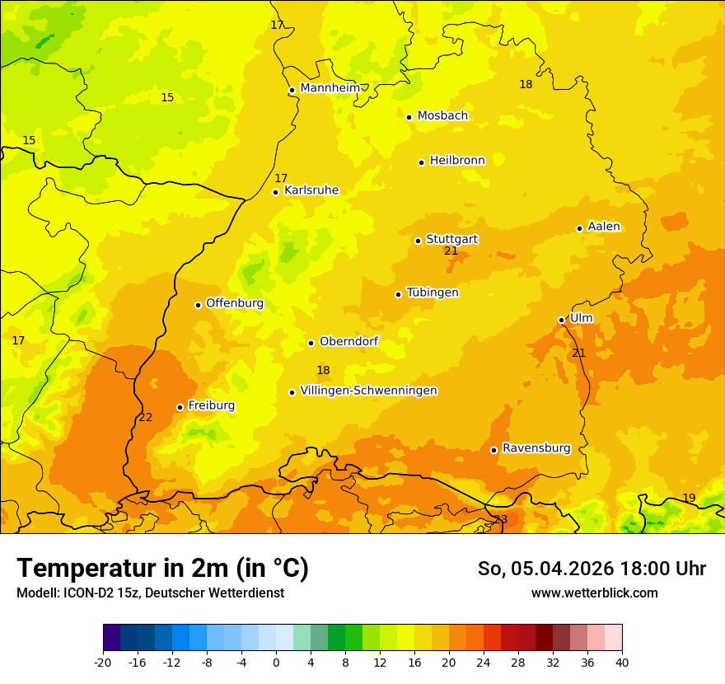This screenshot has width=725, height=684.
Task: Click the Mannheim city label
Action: click(x=330, y=87)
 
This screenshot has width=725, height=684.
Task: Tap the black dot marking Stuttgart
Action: click(x=418, y=241)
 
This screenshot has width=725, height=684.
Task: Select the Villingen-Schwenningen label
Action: click(x=368, y=391)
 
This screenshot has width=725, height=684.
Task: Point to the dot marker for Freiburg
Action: click(x=180, y=407)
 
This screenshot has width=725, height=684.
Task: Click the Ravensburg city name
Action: click(x=536, y=448)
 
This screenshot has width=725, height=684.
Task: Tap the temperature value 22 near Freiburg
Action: click(x=146, y=417)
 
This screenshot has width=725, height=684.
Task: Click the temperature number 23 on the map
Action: click(x=501, y=519)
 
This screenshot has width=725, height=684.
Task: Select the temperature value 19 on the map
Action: click(x=689, y=498)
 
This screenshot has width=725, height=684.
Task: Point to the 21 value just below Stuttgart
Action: click(x=451, y=251)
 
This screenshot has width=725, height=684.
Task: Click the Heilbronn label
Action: click(x=457, y=160)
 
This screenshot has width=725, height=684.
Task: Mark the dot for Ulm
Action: click(x=561, y=320)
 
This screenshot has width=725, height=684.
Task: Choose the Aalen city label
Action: click(x=603, y=227)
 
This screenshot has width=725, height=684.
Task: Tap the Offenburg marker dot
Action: click(x=198, y=305)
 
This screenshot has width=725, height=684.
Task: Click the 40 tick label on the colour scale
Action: click(x=621, y=662)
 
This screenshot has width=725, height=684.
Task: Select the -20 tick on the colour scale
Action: click(x=103, y=662)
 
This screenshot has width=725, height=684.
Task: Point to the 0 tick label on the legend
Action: click(x=276, y=662)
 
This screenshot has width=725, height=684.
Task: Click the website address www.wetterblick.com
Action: click(x=594, y=593)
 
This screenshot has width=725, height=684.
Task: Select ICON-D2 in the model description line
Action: click(x=83, y=593)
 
